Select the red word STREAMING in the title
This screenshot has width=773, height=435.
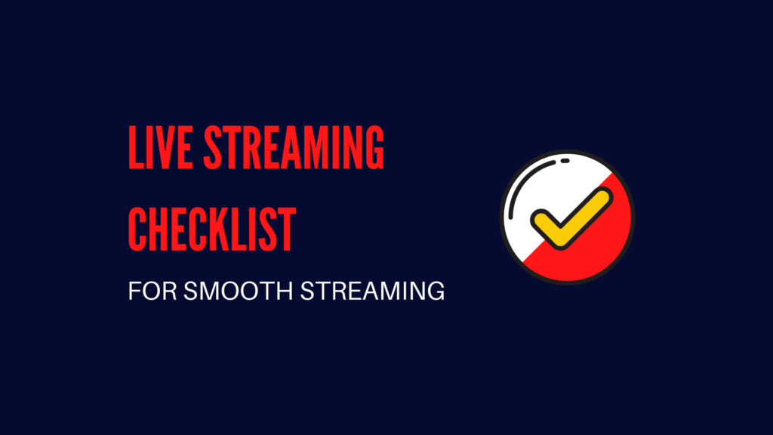tap(292, 150)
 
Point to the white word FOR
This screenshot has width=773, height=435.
tap(146, 292)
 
